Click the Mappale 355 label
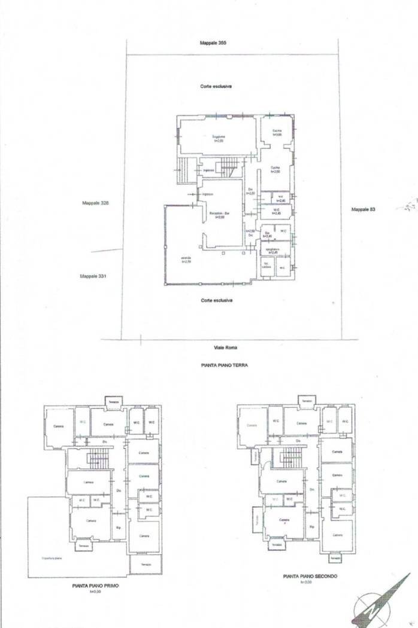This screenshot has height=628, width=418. [x=213, y=43]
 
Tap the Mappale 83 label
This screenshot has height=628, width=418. [x=363, y=209]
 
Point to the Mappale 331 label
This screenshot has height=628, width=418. [x=93, y=276]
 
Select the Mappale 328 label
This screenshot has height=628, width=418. [x=96, y=203]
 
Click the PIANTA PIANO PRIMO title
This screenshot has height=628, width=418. [x=95, y=586]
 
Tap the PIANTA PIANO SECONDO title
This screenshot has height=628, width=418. [x=311, y=577]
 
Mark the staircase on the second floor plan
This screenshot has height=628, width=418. [x=290, y=459]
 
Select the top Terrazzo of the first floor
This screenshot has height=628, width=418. [x=114, y=402]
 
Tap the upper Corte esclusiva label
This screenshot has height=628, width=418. [x=216, y=87]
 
